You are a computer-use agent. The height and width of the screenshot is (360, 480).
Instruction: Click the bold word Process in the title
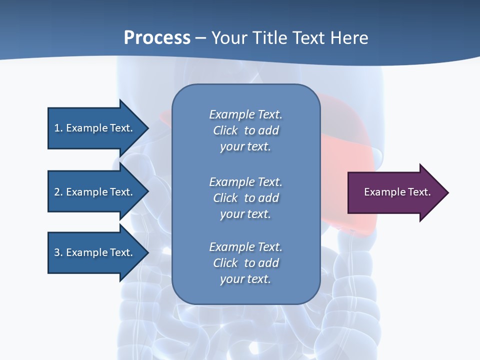[157, 38]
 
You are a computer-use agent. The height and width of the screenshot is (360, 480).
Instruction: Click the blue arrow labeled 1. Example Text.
[95, 128]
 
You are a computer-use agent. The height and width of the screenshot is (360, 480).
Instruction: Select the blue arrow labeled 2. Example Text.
[95, 192]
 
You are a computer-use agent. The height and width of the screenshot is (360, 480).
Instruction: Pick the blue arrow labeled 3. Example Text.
[95, 252]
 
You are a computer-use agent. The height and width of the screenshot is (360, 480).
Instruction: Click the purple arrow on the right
[395, 192]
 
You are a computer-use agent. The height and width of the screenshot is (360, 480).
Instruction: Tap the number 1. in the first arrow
[58, 128]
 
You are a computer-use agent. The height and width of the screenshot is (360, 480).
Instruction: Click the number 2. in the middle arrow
[58, 192]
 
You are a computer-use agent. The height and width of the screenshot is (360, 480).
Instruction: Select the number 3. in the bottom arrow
[58, 252]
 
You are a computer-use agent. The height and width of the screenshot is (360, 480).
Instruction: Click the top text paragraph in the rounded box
[245, 130]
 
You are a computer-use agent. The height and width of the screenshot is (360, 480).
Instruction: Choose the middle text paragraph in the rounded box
[245, 198]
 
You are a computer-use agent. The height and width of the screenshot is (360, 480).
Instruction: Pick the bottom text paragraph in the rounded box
[245, 263]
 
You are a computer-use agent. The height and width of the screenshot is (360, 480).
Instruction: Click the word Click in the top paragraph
[225, 130]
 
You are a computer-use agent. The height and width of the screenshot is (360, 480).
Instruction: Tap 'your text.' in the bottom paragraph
[245, 279]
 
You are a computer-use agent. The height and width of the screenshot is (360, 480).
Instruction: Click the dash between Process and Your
[201, 38]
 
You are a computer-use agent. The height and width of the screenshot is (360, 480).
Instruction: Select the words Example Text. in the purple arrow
[397, 192]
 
